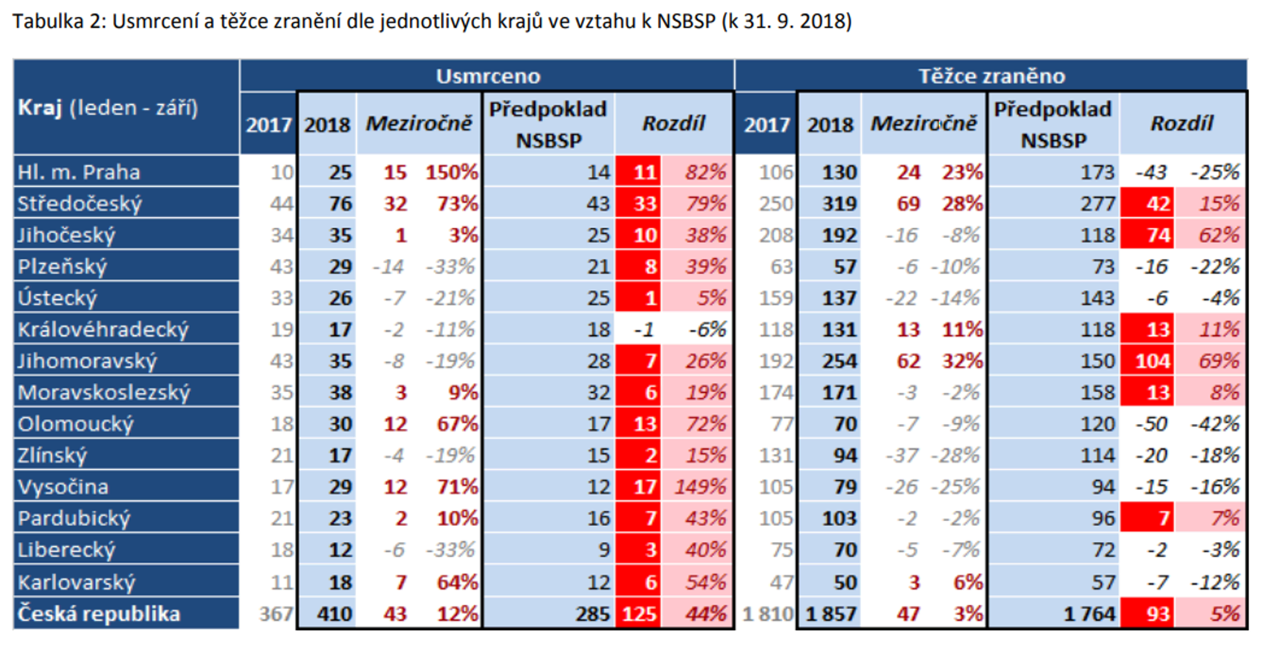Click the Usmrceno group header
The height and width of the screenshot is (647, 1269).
(488, 76)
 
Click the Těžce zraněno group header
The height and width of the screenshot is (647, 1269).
(991, 76)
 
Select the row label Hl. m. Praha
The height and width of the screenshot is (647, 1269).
(79, 172)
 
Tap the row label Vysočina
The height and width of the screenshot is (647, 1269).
(63, 486)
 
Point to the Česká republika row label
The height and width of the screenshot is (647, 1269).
(99, 614)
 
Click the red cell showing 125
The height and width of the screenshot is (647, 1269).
(639, 614)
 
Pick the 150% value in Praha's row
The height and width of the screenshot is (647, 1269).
(452, 172)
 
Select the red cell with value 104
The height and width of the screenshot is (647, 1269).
(1152, 361)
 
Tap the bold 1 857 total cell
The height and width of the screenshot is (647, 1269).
(830, 614)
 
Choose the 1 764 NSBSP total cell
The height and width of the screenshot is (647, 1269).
(1089, 614)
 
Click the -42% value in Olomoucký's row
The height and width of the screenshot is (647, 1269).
(1215, 424)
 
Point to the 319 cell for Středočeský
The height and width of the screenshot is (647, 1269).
(839, 204)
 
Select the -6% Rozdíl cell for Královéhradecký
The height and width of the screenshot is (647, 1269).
(707, 329)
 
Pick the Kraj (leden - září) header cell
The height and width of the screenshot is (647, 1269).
(108, 108)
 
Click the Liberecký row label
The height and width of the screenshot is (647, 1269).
(67, 550)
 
